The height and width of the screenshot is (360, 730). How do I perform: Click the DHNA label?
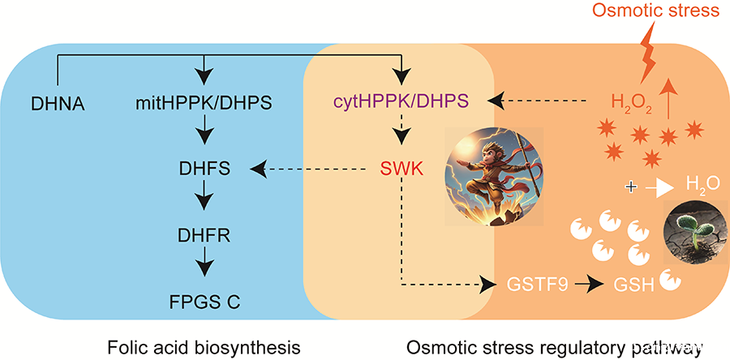click(x=58, y=104)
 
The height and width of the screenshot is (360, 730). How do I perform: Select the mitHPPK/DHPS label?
click(x=203, y=103)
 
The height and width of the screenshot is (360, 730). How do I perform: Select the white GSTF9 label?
click(x=539, y=284)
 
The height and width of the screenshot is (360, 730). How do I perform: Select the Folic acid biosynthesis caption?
click(x=204, y=348)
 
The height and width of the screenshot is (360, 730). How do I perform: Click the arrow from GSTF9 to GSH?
click(x=586, y=284)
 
